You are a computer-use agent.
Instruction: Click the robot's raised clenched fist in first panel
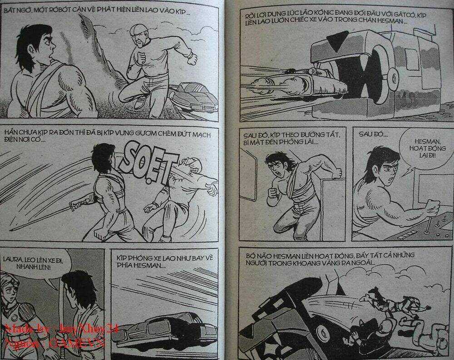(192, 59)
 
